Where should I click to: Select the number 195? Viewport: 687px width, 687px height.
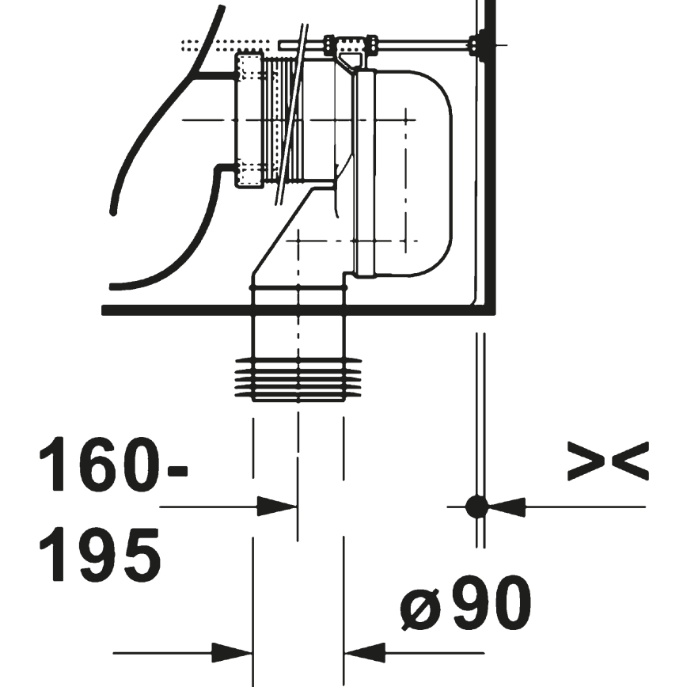point(101,554)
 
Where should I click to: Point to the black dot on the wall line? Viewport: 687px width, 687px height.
point(476,506)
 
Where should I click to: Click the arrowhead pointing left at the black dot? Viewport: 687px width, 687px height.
point(507,506)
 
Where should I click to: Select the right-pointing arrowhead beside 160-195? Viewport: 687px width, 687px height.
point(278,506)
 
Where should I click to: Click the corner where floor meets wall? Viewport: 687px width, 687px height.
point(487,309)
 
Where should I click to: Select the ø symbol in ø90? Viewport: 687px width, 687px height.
point(418,607)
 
